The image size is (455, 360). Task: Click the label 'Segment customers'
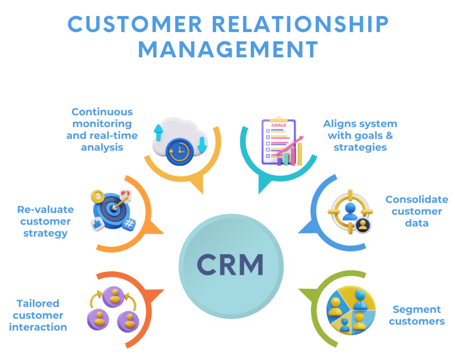pyautogui.click(x=416, y=315)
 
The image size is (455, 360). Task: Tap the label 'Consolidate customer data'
pyautogui.click(x=416, y=211)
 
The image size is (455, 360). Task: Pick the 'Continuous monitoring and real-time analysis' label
pyautogui.click(x=102, y=129)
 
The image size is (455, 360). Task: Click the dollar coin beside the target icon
pyautogui.click(x=97, y=196)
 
